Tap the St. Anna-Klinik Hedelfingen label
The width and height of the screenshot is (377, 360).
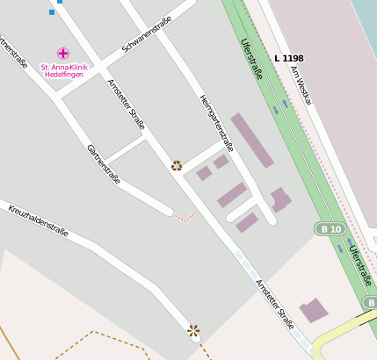coord(64,71)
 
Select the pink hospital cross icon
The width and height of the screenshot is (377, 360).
coord(63,54)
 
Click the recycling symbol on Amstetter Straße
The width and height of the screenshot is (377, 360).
coord(177,165)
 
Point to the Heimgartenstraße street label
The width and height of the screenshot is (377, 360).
coord(215,123)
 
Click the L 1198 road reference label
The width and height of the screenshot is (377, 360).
coord(288,58)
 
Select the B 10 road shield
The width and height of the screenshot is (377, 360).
coord(330,229)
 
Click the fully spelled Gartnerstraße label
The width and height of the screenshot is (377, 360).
coord(104,163)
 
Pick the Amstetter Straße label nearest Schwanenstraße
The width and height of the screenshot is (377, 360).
coord(126,104)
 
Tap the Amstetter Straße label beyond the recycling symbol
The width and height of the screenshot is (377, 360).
coord(273,304)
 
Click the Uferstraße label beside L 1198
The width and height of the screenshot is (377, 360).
coord(251,59)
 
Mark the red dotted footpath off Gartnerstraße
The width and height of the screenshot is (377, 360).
coord(185,216)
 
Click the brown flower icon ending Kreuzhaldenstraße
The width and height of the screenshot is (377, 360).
coord(193,331)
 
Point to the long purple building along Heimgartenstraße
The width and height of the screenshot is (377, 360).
coord(252,140)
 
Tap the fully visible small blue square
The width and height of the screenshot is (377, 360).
coord(52,12)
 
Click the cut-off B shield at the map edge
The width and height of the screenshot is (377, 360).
coord(370,303)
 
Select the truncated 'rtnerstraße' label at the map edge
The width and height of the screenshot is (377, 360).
coord(13,54)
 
